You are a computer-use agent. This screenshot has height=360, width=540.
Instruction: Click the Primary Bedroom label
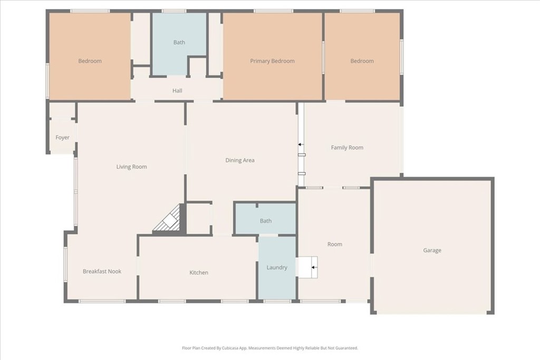[x=272, y=61]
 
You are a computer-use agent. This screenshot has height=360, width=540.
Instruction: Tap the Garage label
[x=432, y=250]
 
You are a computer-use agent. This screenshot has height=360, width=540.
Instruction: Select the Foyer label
[x=62, y=138]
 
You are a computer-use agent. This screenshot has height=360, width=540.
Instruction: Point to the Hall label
[x=177, y=91]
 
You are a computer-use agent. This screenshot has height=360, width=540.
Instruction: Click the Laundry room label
[x=277, y=268]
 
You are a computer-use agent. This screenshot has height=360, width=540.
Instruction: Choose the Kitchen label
[x=199, y=273]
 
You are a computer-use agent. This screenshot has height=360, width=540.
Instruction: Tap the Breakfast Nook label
[x=102, y=271]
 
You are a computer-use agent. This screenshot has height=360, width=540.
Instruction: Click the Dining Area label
[x=240, y=160]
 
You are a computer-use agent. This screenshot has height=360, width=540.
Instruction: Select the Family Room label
[x=347, y=148]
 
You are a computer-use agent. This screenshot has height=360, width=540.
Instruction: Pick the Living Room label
[x=131, y=167]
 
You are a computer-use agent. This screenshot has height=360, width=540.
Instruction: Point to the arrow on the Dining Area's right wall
[x=300, y=144]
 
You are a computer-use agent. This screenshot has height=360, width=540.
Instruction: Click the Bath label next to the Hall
[x=179, y=43]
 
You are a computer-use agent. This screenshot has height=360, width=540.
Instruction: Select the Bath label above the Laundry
[x=266, y=221]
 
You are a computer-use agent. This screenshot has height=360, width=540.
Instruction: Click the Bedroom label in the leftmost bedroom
[x=90, y=61]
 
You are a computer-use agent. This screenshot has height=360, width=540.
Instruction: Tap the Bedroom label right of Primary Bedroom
[x=362, y=61]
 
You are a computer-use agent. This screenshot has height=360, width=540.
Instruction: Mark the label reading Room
[x=335, y=244]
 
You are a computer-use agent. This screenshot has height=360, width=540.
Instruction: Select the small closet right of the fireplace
[x=199, y=218]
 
